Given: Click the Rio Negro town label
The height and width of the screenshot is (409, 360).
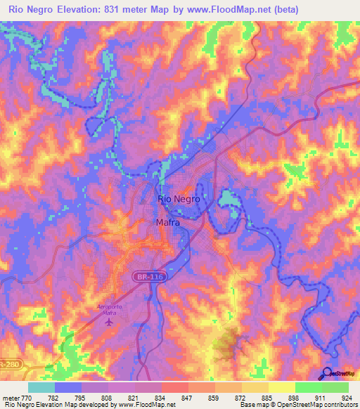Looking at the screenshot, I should tap(179, 199).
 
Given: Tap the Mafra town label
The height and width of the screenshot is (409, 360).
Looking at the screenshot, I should tap(167, 223).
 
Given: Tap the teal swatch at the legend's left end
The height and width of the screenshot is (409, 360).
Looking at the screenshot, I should tap(41, 387).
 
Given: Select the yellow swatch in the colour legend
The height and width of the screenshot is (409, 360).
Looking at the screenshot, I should tap(281, 387).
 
